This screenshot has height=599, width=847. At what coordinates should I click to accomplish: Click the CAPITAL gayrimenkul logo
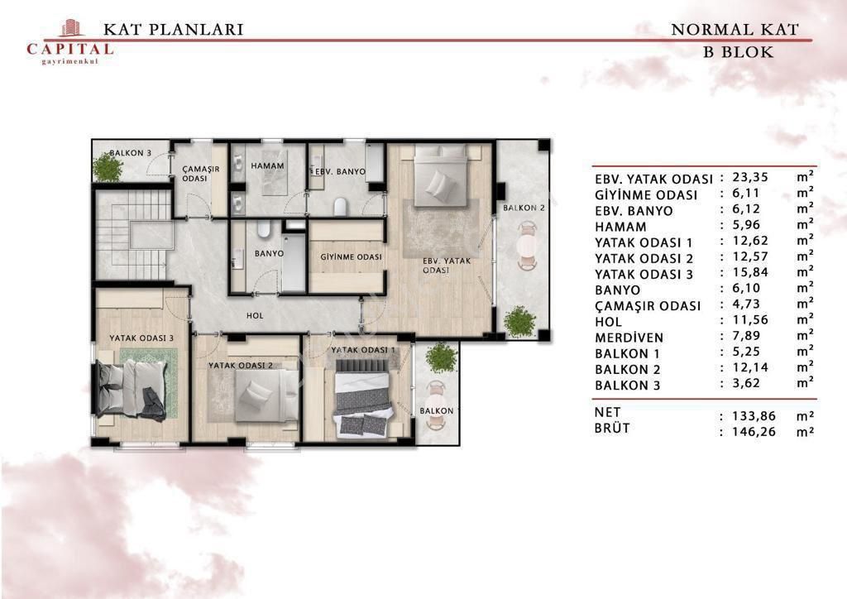pos(70,42)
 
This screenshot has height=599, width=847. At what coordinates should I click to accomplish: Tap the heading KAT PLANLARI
pos(174,29)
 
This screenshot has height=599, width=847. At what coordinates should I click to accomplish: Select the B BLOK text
pos(738,52)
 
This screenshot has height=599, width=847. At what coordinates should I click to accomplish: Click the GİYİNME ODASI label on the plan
pos(351,257)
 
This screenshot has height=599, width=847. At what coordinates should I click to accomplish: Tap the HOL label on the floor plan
pos(255,315)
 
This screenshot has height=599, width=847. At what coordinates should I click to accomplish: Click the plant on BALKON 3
pos(108,167)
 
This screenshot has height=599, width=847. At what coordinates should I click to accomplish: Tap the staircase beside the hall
pos(133,234)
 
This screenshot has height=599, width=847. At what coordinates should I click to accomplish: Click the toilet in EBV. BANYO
pos(340,207)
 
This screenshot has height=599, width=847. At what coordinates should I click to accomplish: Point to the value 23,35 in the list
pos(750,177)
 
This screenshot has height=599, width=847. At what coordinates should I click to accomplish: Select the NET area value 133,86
pos(754,416)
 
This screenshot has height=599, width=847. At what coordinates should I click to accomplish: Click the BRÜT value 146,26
pos(754,432)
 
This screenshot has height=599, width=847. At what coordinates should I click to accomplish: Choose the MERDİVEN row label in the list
pos(629,338)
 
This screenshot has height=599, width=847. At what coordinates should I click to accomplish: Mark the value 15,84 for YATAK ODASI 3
pos(750,272)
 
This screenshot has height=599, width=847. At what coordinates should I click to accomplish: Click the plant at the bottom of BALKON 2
pos(519,322)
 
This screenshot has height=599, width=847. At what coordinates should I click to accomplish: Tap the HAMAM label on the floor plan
pos(267,166)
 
